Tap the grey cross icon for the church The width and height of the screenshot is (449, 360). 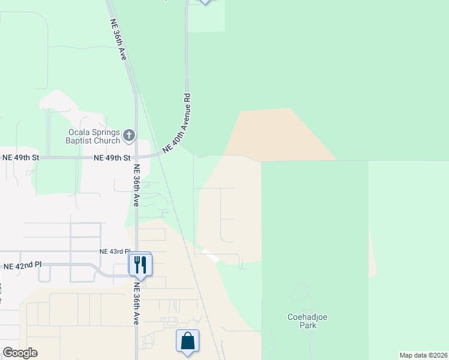point(129,136)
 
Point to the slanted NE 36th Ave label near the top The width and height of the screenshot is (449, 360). point(118,40)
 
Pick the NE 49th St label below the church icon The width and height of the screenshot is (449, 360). point(112,158)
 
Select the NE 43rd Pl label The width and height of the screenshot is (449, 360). point(114,252)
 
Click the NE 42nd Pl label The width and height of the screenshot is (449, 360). point(23,265)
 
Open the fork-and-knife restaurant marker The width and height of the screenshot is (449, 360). point(140,264)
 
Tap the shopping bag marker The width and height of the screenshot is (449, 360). point(187,340)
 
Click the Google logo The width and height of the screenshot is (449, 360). point(20,353)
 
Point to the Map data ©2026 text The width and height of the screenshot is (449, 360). point(423,355)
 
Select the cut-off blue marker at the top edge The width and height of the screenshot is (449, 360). point(205,2)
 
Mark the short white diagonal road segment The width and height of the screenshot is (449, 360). point(211,256)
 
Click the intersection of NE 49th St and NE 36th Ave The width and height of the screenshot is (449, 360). point(136,158)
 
